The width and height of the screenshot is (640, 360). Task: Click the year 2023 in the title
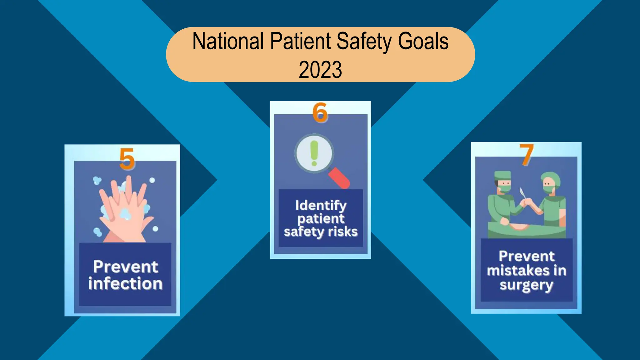[x=320, y=69]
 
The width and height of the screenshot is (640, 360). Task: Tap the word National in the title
[x=228, y=41]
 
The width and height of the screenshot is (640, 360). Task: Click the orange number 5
[x=127, y=159]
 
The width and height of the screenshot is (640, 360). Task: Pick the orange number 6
[x=320, y=112]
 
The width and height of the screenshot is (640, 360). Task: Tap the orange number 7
[x=527, y=155]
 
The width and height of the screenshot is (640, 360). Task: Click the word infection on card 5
[x=125, y=283]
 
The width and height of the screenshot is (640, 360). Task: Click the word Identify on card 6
[x=321, y=206]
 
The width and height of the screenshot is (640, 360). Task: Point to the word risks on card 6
[x=343, y=232]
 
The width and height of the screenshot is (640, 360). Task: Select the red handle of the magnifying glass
[x=340, y=178]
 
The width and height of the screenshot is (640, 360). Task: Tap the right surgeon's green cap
[x=551, y=177]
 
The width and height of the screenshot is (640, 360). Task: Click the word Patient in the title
[x=300, y=41]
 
